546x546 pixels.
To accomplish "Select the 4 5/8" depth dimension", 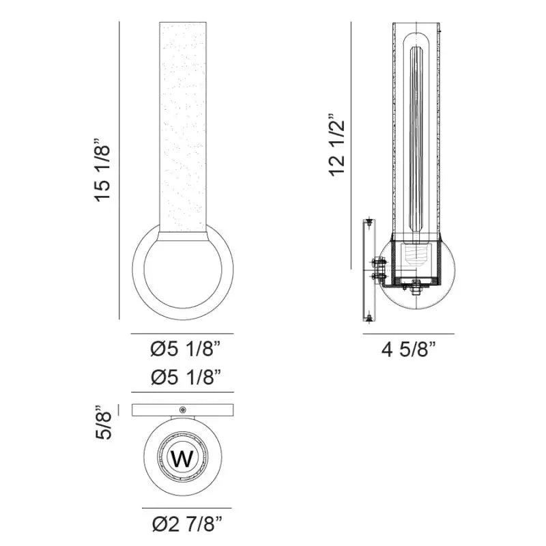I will (408, 351).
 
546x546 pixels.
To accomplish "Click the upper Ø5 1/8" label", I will (186, 350).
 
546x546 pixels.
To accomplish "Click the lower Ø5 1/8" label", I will (186, 377).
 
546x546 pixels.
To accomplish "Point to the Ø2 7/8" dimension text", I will (186, 526).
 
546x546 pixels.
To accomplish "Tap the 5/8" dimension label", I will (102, 422).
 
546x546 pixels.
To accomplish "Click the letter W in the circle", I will (182, 459).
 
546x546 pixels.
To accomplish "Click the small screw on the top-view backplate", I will (182, 409).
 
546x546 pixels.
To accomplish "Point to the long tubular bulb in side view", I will (415, 136).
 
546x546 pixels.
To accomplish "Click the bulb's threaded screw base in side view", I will (415, 258).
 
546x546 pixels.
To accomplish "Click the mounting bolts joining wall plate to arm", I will (376, 268).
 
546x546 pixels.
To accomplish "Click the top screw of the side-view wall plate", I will (369, 222).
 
